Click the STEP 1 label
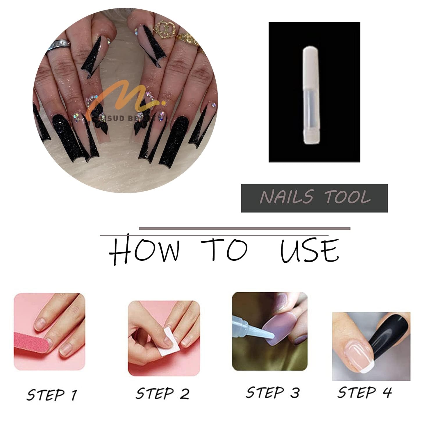(x=52, y=395)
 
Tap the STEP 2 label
(x=162, y=394)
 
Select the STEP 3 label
(x=272, y=392)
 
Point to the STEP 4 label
(x=364, y=392)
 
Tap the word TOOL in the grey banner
(x=347, y=197)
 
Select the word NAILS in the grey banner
(x=286, y=197)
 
